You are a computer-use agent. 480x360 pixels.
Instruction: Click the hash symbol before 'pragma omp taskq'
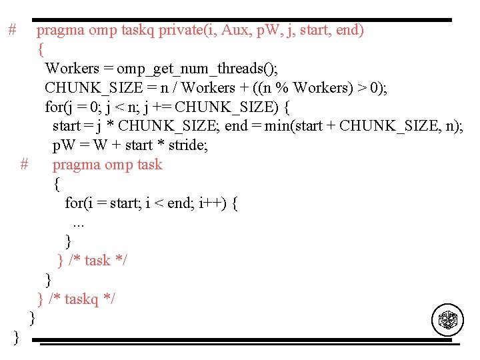pyautogui.click(x=12, y=30)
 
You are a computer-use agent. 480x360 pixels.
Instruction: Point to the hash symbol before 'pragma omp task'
pyautogui.click(x=25, y=164)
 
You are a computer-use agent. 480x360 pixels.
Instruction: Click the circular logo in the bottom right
pyautogui.click(x=447, y=321)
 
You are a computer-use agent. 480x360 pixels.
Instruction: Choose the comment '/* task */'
pyautogui.click(x=98, y=261)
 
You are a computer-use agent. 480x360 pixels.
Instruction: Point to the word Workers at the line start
pyautogui.click(x=71, y=69)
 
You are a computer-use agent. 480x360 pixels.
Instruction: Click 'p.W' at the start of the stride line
pyautogui.click(x=64, y=145)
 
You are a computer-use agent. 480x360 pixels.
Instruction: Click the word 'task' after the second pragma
pyautogui.click(x=146, y=165)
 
